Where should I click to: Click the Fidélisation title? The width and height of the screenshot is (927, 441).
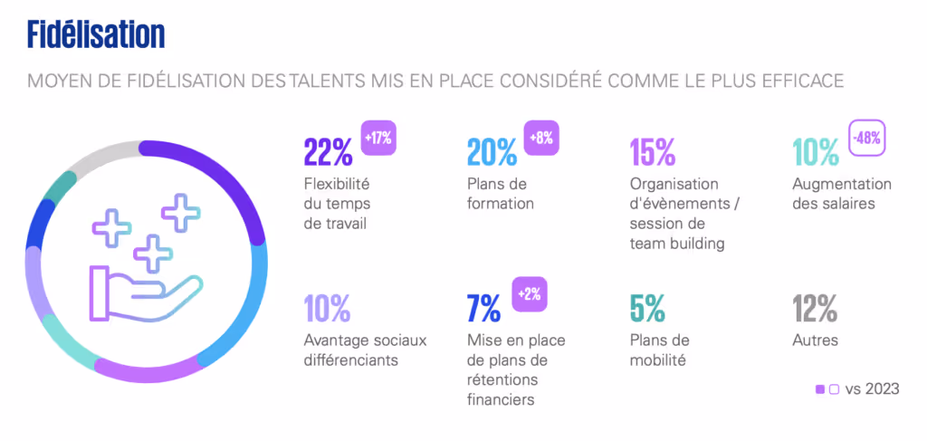click(96, 35)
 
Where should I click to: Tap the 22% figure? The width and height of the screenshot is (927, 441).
click(328, 152)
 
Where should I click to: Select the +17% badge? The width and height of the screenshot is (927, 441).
click(378, 139)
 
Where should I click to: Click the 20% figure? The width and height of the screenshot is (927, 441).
click(492, 152)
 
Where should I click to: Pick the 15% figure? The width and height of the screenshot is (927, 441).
click(652, 152)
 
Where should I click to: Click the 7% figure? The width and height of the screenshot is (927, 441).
click(483, 310)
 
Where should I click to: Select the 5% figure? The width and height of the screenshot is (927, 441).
click(649, 310)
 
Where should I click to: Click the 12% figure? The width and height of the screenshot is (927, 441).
click(815, 310)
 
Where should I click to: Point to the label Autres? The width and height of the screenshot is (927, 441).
click(815, 341)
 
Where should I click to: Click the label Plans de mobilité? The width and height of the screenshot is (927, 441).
click(660, 350)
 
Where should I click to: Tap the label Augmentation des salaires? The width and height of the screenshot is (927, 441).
click(842, 194)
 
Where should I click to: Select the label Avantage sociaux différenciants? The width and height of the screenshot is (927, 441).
click(365, 350)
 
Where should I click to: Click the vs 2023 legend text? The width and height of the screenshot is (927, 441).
click(872, 389)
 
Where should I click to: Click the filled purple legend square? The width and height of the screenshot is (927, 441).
click(820, 389)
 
